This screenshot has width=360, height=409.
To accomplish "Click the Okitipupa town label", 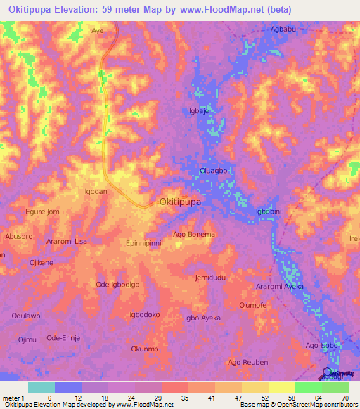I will [181, 202].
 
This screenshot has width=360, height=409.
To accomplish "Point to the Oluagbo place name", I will [214, 169].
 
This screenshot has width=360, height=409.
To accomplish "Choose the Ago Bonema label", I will [193, 234].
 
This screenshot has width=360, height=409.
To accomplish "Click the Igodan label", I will [96, 191].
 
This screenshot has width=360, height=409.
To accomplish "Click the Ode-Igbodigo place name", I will [117, 284].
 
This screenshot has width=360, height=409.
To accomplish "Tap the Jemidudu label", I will [210, 278].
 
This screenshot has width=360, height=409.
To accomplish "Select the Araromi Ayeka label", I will [280, 287].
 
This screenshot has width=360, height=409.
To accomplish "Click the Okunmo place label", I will [145, 349].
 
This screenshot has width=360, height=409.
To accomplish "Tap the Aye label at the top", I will [97, 31].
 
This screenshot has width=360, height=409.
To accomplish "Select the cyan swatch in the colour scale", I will [41, 387].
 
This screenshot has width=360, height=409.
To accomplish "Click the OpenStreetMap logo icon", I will [328, 373].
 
